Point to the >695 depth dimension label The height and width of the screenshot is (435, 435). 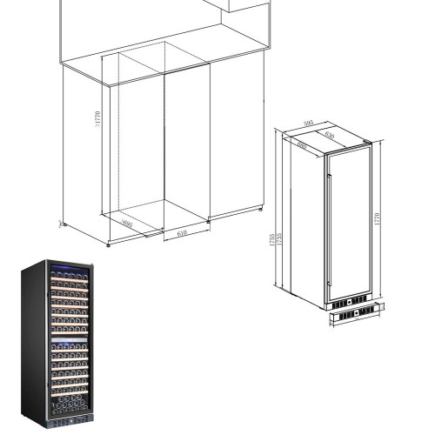[x=127, y=224]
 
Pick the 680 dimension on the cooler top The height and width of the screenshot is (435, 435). [x=301, y=145]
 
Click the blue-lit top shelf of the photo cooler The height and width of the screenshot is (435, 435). [x=67, y=269]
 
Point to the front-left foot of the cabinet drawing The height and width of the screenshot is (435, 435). [x=109, y=245]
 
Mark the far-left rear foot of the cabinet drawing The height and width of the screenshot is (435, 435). [x=62, y=224]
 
